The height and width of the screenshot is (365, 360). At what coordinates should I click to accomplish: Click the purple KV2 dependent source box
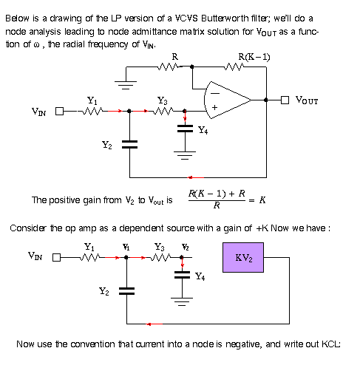(243, 257)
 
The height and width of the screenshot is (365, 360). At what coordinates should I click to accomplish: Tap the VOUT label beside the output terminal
(307, 100)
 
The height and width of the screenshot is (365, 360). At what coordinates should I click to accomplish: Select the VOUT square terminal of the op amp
(285, 100)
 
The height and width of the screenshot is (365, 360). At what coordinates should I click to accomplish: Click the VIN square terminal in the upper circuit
(59, 112)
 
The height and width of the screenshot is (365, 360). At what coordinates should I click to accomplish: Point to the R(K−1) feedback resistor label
(254, 57)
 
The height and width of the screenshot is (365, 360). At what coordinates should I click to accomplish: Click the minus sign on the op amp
(215, 93)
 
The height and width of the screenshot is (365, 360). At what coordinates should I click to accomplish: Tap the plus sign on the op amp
(214, 107)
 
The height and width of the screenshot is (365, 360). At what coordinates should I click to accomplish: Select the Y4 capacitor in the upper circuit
(185, 129)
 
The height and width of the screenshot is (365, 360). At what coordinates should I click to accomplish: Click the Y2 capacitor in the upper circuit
(129, 144)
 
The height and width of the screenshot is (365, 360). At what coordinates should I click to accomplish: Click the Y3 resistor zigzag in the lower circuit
(160, 257)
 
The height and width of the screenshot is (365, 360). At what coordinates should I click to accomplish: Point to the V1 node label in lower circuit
(126, 247)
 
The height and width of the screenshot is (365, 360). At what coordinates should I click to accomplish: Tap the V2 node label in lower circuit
(186, 247)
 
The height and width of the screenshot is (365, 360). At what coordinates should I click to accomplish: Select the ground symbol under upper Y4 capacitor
(185, 155)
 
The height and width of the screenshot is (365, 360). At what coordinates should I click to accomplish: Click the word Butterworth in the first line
(225, 18)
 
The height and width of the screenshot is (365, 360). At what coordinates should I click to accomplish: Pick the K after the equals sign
(262, 200)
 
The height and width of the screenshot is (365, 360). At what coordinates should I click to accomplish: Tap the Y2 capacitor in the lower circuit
(126, 291)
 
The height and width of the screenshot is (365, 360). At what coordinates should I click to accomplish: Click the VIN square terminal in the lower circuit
(56, 258)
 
